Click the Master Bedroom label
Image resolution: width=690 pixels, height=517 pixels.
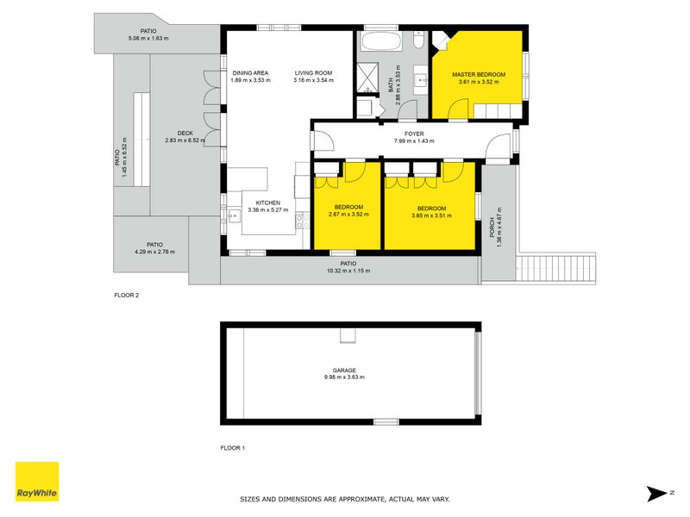(479, 75)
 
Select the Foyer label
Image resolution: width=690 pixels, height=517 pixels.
(413, 134)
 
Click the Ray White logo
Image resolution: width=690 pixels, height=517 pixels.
(37, 482)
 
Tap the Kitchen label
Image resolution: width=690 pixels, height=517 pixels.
(267, 202)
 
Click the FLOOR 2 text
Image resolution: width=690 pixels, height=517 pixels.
(126, 295)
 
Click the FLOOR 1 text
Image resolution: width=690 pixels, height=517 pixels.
(233, 448)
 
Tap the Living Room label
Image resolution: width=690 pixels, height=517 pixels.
(313, 73)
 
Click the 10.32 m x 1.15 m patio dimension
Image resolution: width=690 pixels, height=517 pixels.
(348, 271)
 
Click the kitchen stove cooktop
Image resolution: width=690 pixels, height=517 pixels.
(302, 221)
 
